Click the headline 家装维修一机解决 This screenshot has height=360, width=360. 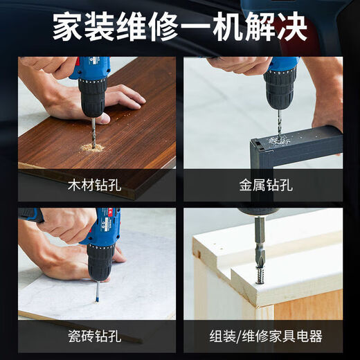(x=180, y=28)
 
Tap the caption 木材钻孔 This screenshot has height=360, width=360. (x=97, y=186)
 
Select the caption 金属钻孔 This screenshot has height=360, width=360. (x=266, y=186)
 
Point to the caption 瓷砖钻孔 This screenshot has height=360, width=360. (x=97, y=336)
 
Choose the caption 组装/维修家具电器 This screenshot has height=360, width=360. (x=266, y=336)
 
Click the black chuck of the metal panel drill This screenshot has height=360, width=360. (x=279, y=89)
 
